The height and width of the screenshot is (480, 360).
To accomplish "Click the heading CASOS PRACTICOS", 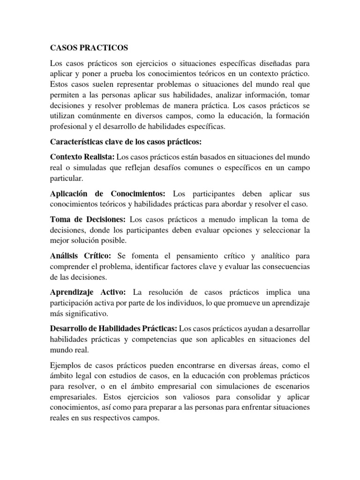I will click(89, 48).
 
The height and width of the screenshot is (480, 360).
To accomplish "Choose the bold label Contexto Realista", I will click(82, 156).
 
